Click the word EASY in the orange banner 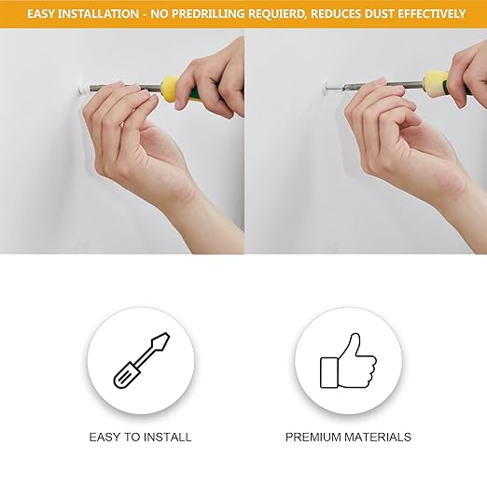pyautogui.click(x=41, y=14)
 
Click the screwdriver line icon pyautogui.click(x=142, y=360)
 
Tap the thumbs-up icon pyautogui.click(x=348, y=361)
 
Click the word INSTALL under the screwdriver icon pyautogui.click(x=167, y=438)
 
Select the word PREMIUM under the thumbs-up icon pyautogui.click(x=313, y=438)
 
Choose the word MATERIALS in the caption pyautogui.click(x=378, y=438)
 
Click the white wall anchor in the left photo pyautogui.click(x=82, y=89)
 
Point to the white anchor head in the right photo pyautogui.click(x=327, y=88)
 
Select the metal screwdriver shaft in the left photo pyautogui.click(x=125, y=87)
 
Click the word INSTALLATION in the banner pyautogui.click(x=99, y=14)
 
